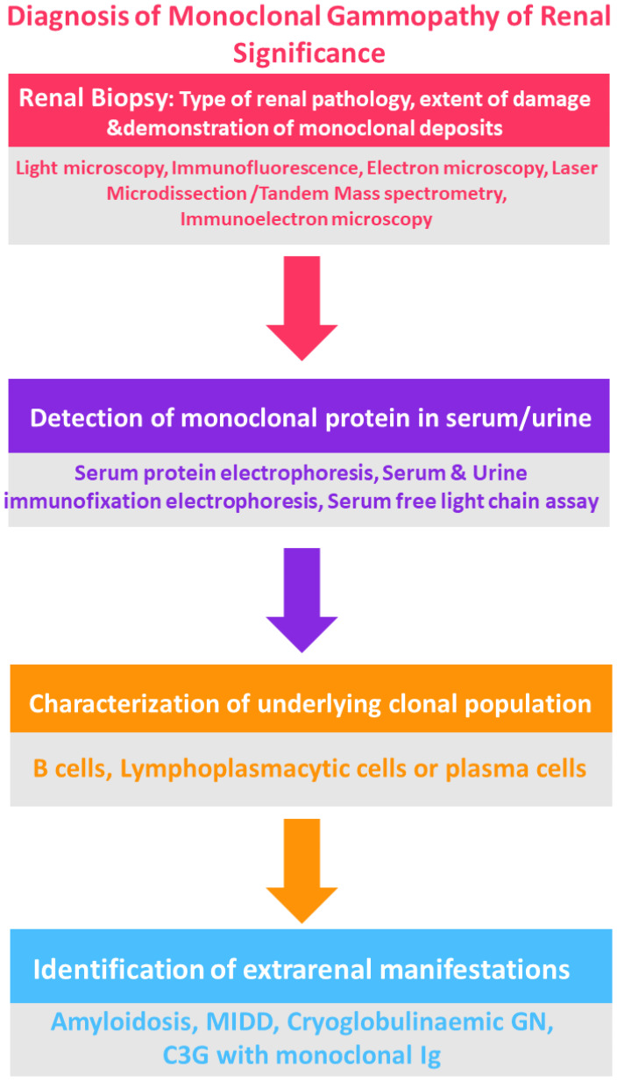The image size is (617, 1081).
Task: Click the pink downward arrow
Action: (x=302, y=308)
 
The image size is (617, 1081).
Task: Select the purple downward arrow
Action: (x=302, y=600)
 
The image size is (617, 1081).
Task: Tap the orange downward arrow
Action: (x=302, y=871)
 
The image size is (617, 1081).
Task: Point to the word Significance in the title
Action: (x=308, y=53)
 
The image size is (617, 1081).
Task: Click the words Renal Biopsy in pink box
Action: (x=94, y=98)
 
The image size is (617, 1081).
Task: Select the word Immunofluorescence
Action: (x=265, y=168)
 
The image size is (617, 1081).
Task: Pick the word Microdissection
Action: (x=176, y=194)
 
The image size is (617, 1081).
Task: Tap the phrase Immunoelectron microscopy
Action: (x=307, y=219)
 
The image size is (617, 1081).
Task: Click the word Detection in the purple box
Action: (x=88, y=418)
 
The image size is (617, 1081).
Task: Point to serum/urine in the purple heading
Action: (x=519, y=418)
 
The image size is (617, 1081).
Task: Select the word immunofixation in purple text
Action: (x=82, y=501)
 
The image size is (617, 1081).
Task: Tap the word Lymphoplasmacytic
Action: (x=263, y=769)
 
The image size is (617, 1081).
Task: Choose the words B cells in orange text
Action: (x=71, y=769)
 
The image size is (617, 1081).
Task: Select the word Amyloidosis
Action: (x=124, y=1022)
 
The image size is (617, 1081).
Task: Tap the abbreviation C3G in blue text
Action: (x=186, y=1055)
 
